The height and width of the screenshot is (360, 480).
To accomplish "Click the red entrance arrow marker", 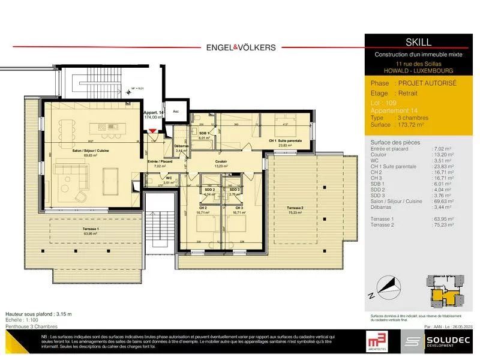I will (153, 131).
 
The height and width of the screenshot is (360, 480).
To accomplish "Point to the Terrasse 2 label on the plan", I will (294, 208).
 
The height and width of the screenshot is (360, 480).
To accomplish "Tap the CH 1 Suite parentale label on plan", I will (285, 140).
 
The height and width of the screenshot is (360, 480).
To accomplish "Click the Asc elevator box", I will (175, 111).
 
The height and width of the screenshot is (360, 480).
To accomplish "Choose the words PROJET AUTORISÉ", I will (426, 84).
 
